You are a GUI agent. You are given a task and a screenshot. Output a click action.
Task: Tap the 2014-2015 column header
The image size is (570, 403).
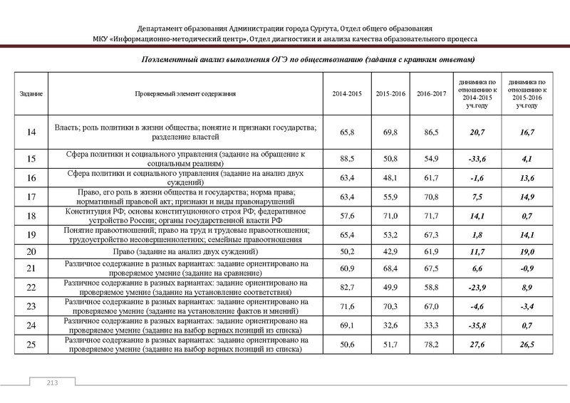click(x=348, y=94)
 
